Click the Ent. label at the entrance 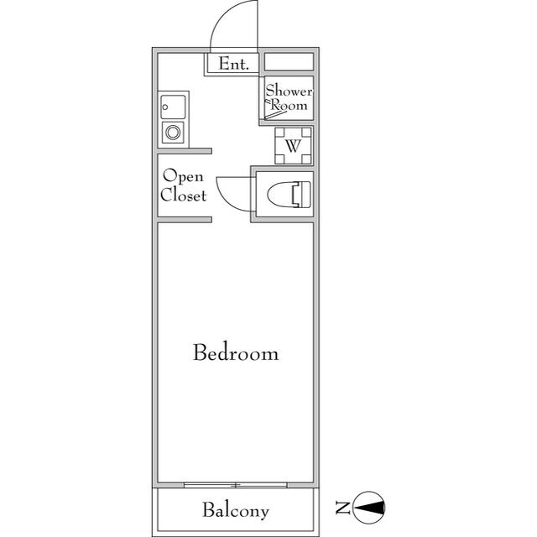(233, 64)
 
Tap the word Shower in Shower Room (289, 91)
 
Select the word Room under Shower (289, 106)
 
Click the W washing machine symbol (293, 146)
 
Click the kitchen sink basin (174, 107)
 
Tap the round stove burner (174, 132)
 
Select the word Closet (184, 196)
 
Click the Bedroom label (236, 352)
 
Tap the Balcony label (236, 510)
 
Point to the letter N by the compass (342, 507)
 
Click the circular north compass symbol (370, 507)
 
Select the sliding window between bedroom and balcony (236, 484)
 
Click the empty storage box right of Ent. (289, 62)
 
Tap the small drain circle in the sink (166, 107)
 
